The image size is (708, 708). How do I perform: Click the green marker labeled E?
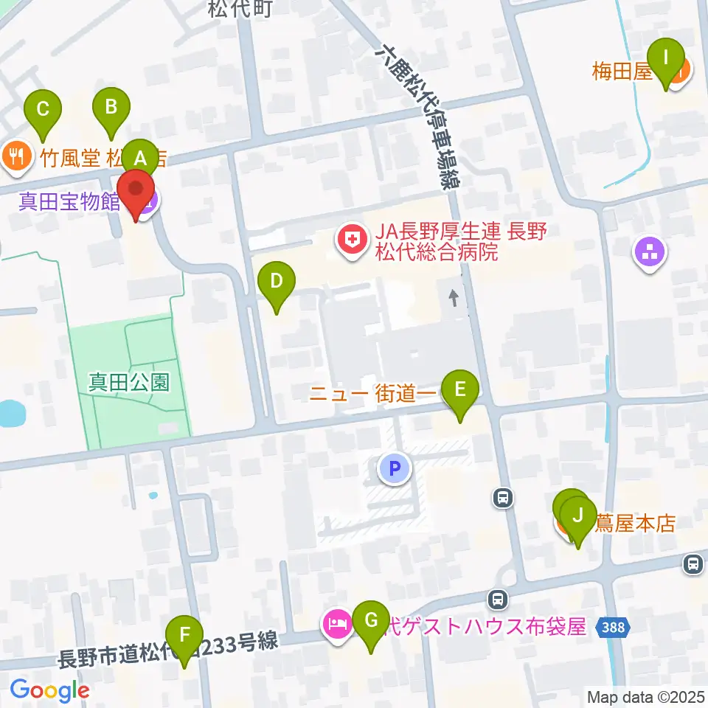click(x=459, y=389)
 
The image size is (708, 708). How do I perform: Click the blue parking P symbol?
click(x=395, y=468)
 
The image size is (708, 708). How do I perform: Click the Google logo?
click(x=49, y=690)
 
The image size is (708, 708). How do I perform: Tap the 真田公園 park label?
click(x=130, y=381)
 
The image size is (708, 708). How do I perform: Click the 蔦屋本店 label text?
click(x=634, y=524)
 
